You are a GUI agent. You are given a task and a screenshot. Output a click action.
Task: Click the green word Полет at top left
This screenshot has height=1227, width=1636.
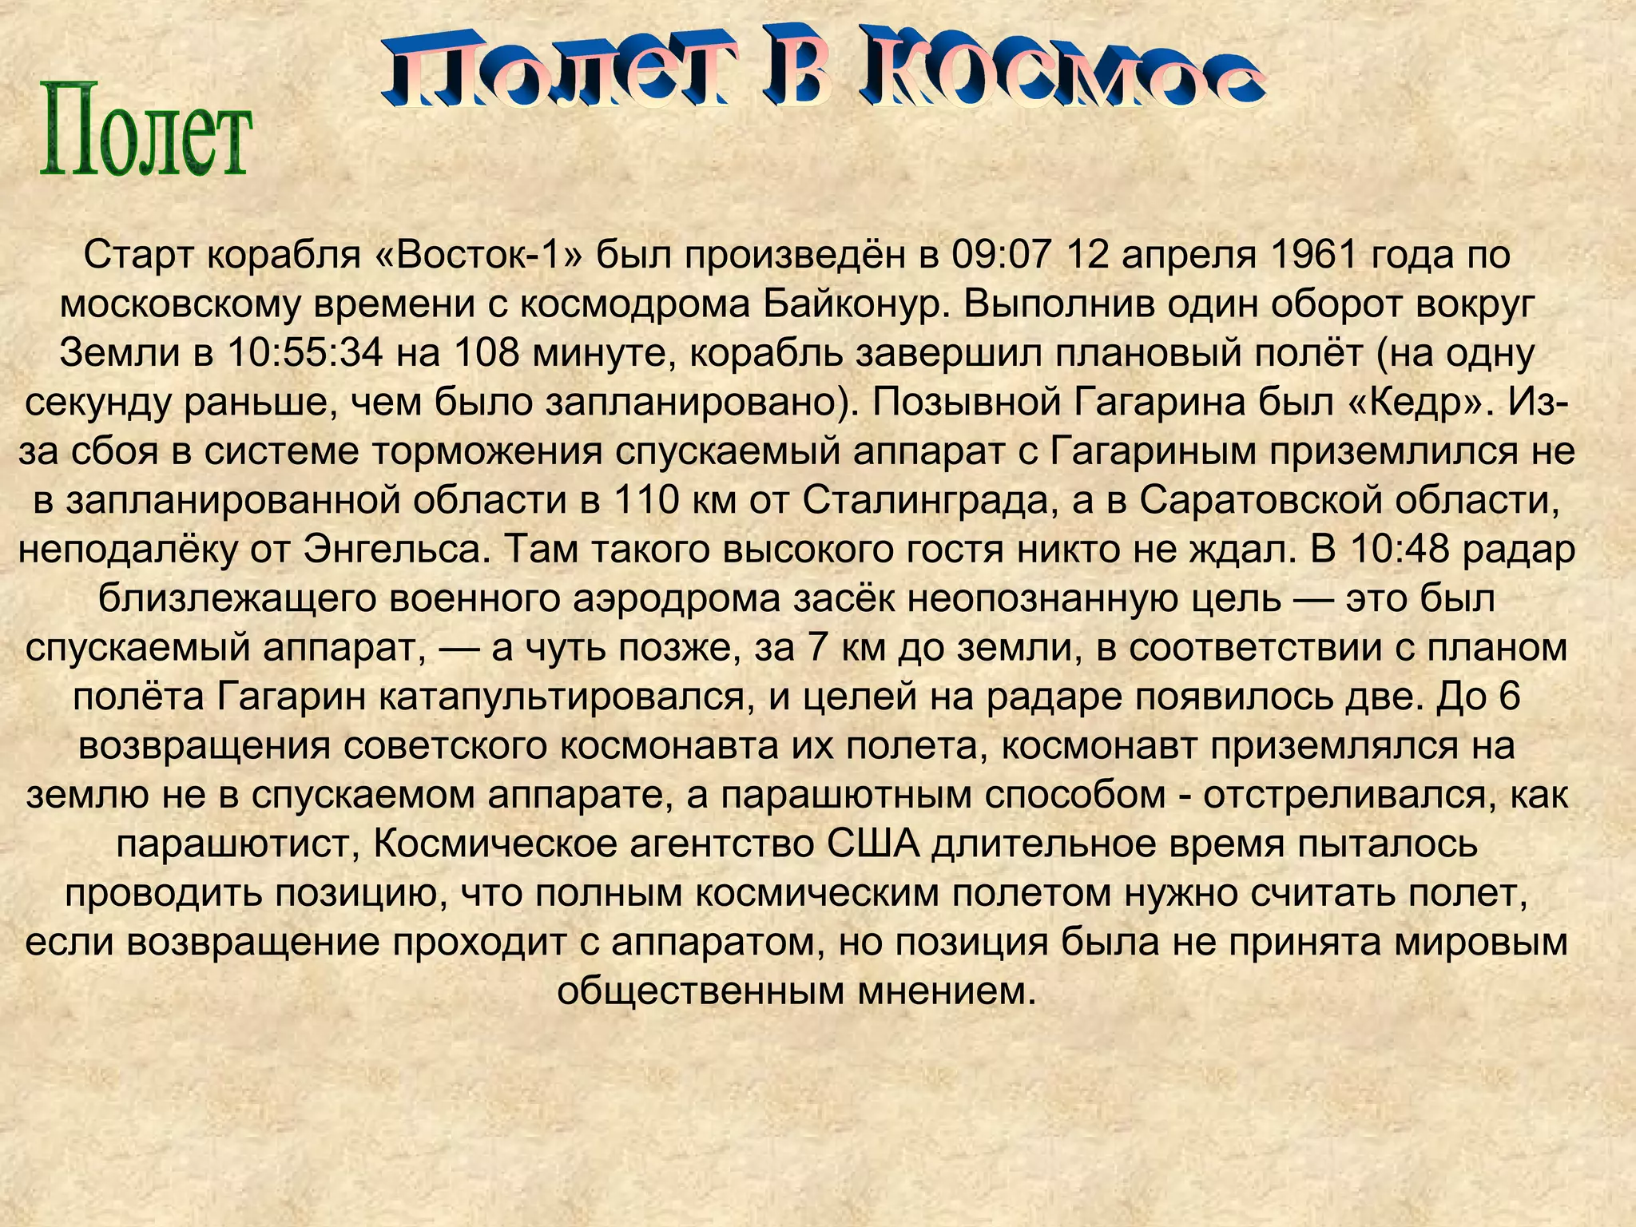click(x=145, y=129)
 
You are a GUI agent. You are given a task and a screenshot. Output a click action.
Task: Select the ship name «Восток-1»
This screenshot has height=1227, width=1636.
click(x=478, y=255)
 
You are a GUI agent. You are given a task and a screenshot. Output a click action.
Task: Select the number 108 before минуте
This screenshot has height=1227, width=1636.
click(x=487, y=353)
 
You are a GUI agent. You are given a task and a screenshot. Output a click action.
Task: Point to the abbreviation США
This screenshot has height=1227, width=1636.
click(x=873, y=844)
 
